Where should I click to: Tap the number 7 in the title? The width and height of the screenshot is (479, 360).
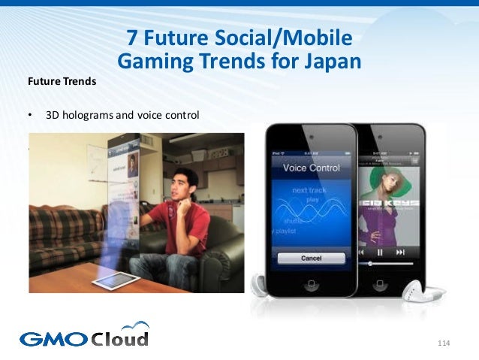point(132,37)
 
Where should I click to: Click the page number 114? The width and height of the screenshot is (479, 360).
point(442,343)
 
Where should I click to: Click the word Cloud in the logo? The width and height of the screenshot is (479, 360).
point(120,338)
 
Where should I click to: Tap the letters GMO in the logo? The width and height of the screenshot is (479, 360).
point(53,339)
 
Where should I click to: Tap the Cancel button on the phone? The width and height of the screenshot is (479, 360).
point(312,258)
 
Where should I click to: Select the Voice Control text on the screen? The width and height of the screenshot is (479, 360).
point(311,168)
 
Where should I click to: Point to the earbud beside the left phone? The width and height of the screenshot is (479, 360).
point(260,284)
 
